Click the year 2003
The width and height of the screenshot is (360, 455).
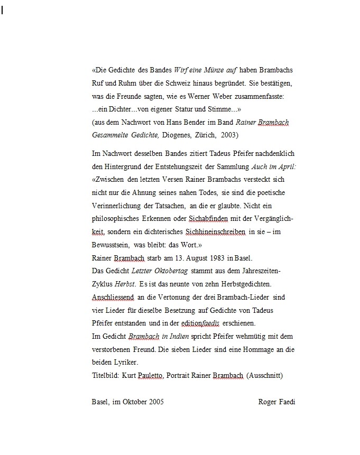[x=229, y=135]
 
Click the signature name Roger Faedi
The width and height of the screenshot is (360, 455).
[x=276, y=402]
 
